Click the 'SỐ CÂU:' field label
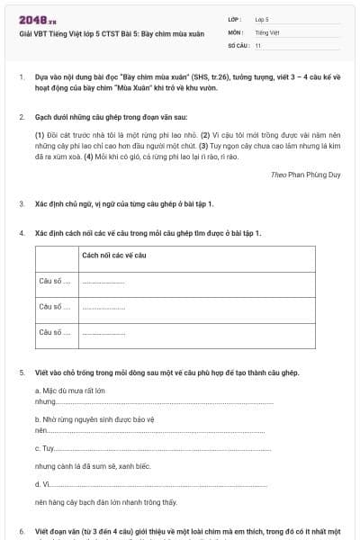(x=238, y=44)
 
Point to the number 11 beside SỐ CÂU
(x=258, y=44)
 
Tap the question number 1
(x=21, y=77)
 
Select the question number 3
(x=21, y=203)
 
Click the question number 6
(x=21, y=531)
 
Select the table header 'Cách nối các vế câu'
(x=113, y=256)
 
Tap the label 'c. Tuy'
(x=44, y=448)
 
